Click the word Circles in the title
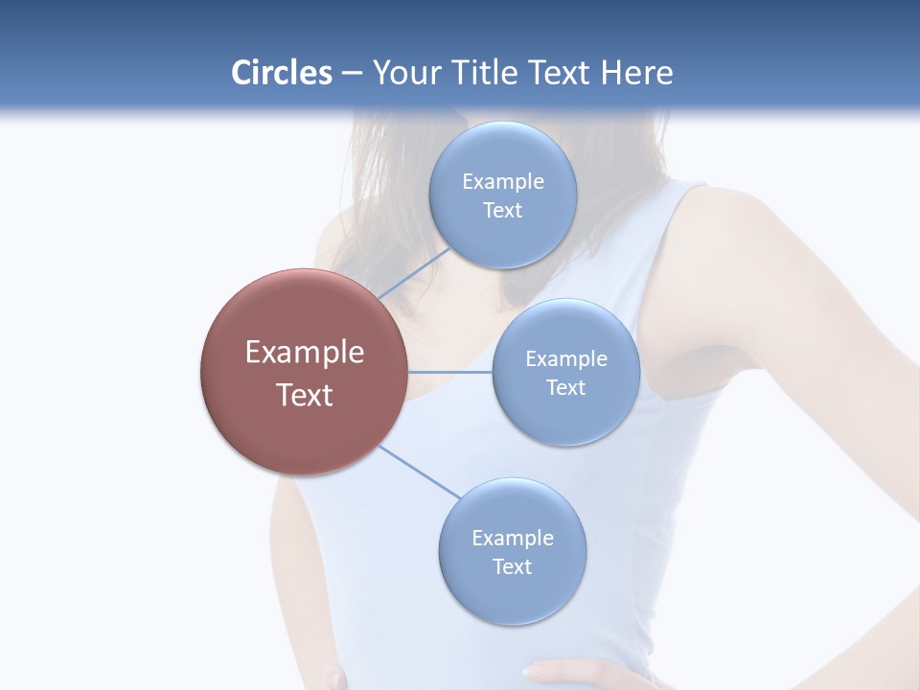[x=281, y=73]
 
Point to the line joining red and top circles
[x=414, y=273]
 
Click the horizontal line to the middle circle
[x=450, y=372]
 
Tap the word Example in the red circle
[x=305, y=353]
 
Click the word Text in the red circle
[x=305, y=395]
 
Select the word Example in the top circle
[x=502, y=181]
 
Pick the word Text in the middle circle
[x=565, y=387]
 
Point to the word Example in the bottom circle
[x=512, y=538]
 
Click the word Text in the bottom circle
[x=512, y=566]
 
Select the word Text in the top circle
[x=502, y=210]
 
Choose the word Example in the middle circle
[x=565, y=358]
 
